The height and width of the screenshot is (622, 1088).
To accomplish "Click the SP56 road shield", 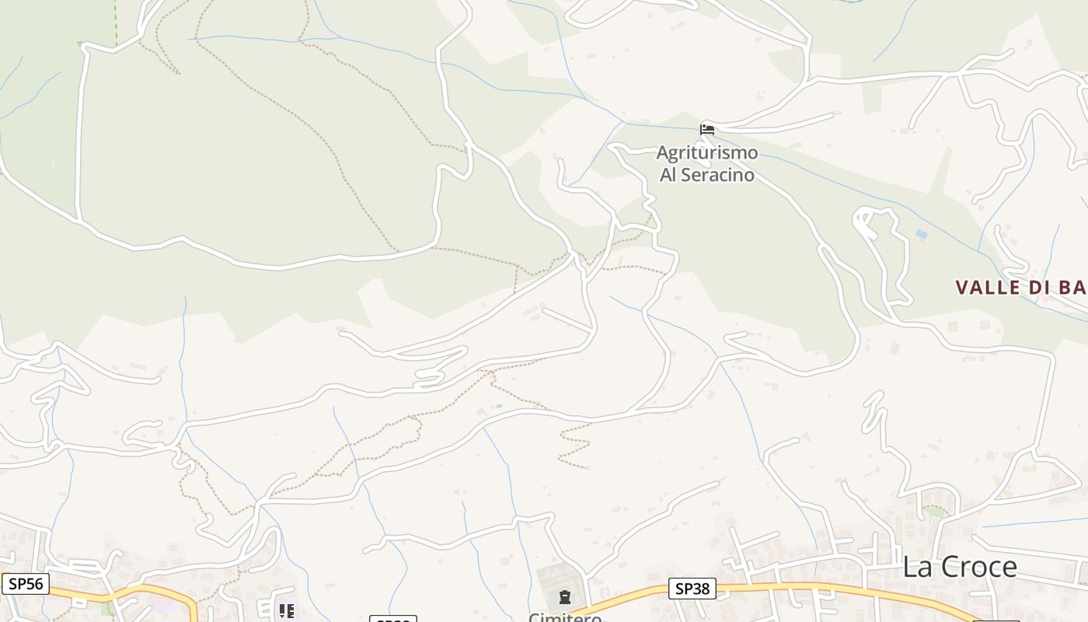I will pos(25,584).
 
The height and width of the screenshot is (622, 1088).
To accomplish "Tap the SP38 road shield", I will pos(692,589).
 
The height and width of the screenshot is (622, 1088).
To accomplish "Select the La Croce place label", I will pos(959,567).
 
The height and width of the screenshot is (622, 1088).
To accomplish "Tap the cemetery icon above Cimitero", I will pos(565,597).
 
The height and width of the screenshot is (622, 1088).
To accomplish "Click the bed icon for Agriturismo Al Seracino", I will pos(707,129).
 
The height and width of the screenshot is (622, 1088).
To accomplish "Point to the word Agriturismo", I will pos(707,152).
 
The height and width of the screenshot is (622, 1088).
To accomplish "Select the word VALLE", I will pos(988,288).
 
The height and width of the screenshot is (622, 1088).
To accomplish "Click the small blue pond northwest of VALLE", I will pos(921,234).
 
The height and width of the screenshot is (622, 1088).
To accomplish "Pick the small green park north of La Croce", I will pos(933,512).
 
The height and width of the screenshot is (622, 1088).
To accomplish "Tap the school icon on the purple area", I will pos(286,611).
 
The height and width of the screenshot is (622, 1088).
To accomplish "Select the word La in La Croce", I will pos(915,567).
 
